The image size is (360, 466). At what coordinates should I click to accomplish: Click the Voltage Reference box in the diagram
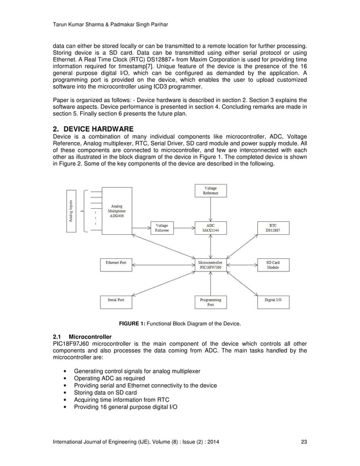coord(210,191)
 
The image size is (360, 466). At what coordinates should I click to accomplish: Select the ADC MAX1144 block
coord(210,227)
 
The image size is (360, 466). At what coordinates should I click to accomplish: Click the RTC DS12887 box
coord(273,227)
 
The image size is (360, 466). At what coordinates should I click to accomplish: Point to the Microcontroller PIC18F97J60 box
coord(210,265)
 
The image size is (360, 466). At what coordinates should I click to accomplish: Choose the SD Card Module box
coord(273,265)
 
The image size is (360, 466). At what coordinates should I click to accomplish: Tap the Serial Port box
coord(116,300)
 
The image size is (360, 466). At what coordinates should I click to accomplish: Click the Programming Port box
coord(210,302)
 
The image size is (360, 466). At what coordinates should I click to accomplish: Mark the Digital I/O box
coord(273,300)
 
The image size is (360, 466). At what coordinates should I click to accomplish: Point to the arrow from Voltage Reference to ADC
coord(210,209)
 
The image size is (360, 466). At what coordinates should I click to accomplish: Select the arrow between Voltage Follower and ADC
coord(184,227)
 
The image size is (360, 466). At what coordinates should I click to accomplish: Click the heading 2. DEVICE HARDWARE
coord(93,129)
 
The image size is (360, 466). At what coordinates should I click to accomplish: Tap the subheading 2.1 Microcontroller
coord(82,337)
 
